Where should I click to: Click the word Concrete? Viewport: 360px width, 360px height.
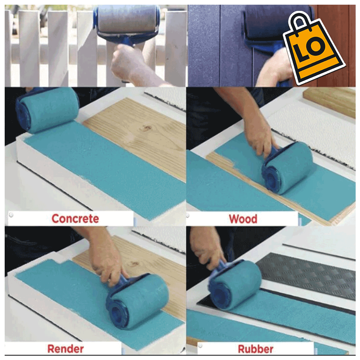75,219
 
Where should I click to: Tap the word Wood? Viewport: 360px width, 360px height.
243,219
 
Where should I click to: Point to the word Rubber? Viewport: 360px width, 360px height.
255,349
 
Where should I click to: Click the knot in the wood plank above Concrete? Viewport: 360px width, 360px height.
146,128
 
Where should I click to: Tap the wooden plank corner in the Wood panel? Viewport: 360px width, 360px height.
330,100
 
